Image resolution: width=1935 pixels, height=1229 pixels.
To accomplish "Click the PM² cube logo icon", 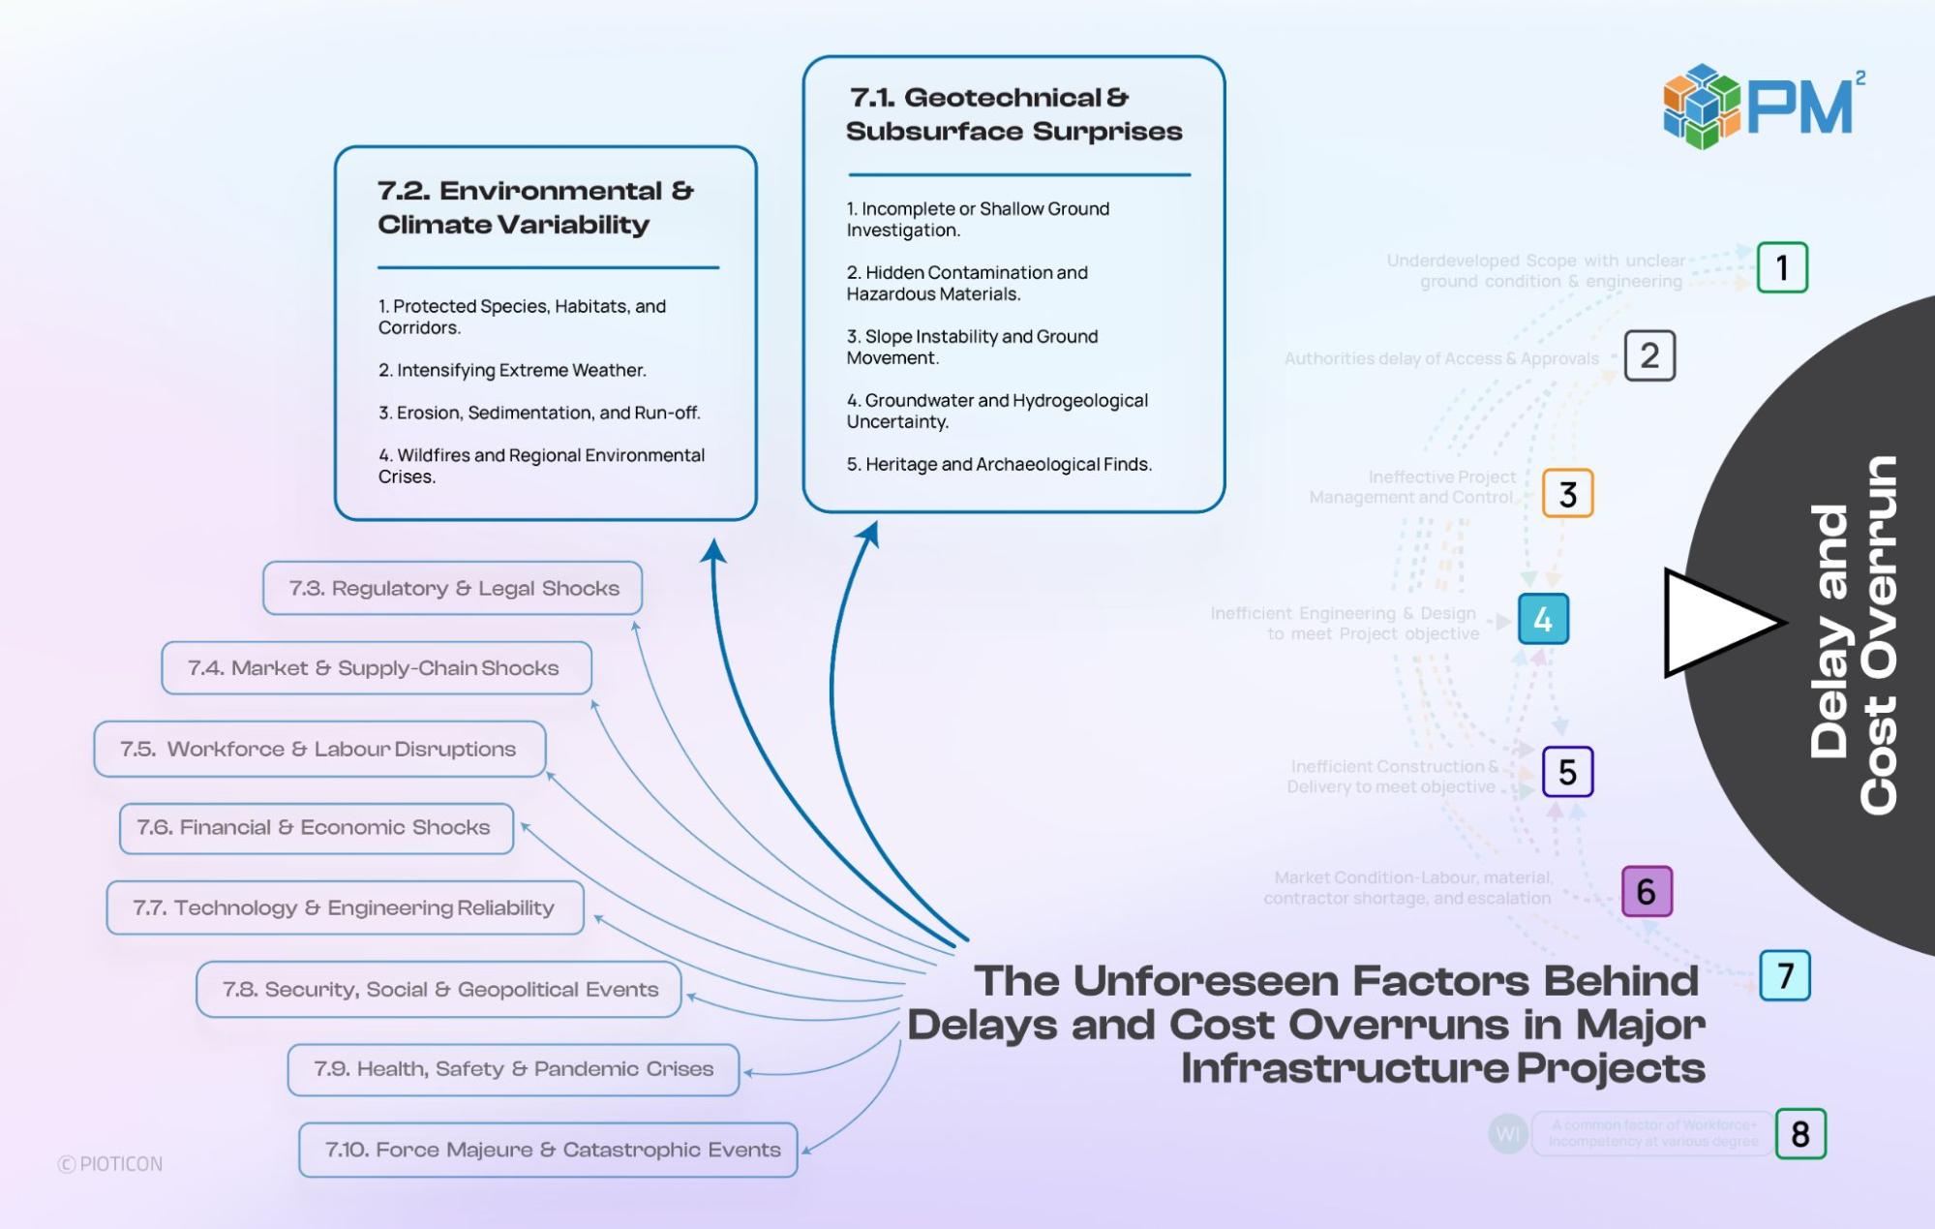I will tap(1702, 106).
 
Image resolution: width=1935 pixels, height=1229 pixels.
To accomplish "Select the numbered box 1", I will tap(1782, 267).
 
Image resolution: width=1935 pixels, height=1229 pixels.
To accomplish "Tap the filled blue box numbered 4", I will tap(1543, 619).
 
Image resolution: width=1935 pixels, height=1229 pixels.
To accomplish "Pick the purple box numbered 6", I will tap(1647, 891).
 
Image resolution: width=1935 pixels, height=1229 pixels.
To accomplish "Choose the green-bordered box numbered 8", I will tap(1800, 1133).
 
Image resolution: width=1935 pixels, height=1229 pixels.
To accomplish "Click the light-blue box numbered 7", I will tap(1785, 975).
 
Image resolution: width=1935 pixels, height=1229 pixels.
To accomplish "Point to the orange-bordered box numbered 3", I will tap(1567, 494).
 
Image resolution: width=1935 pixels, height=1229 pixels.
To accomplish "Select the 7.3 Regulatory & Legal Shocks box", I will tap(453, 588).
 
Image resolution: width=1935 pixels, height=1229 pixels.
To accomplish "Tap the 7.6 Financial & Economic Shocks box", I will tap(316, 828).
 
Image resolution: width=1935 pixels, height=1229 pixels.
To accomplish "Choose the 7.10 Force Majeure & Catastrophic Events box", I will tap(548, 1150).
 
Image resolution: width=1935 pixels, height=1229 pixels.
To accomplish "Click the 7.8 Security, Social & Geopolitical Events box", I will tap(438, 989).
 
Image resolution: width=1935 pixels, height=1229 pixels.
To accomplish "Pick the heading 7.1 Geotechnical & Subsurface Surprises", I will tap(1013, 114).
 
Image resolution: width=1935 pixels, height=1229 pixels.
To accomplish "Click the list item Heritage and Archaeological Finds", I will tap(999, 465).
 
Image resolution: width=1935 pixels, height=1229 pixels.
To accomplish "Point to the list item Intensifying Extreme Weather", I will tap(512, 370).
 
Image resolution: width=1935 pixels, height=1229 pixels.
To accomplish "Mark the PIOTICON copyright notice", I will tap(110, 1164).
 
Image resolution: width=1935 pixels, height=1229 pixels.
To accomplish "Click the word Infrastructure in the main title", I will tap(1344, 1069).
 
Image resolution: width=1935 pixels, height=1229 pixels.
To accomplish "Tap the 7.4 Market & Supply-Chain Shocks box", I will tap(376, 668).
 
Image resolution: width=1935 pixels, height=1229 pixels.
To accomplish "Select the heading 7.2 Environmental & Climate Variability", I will tap(535, 207).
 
